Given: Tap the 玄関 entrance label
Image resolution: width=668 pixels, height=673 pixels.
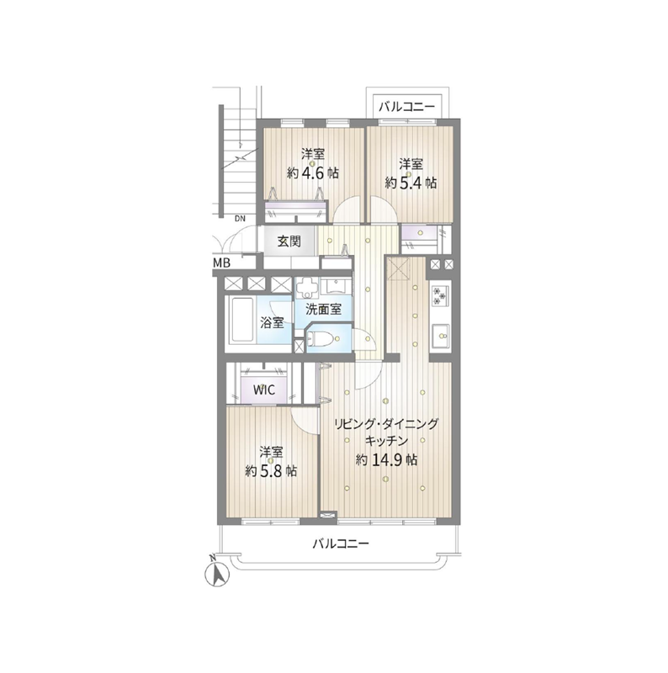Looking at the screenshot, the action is click(289, 241).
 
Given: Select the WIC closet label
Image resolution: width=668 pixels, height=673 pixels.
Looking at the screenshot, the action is click(264, 390).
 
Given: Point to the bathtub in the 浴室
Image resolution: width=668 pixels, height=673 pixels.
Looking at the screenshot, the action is click(241, 319).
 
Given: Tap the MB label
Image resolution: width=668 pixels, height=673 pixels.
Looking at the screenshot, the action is click(221, 262).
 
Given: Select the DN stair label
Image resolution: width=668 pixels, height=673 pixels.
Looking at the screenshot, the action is click(240, 219).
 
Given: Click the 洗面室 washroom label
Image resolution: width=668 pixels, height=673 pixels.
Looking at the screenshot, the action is click(324, 310).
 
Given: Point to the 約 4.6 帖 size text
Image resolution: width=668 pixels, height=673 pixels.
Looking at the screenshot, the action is click(312, 173).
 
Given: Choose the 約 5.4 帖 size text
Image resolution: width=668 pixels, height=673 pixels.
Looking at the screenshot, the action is click(411, 183).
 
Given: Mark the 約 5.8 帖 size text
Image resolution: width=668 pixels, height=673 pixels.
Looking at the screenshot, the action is click(271, 471).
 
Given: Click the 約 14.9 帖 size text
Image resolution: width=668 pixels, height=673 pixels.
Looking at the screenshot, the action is click(386, 460).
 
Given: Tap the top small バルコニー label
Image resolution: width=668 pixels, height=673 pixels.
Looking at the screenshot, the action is click(407, 107).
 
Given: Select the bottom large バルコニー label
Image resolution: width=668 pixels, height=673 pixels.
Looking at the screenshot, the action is click(341, 544).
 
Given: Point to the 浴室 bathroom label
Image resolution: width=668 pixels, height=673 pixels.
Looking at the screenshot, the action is click(273, 322).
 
